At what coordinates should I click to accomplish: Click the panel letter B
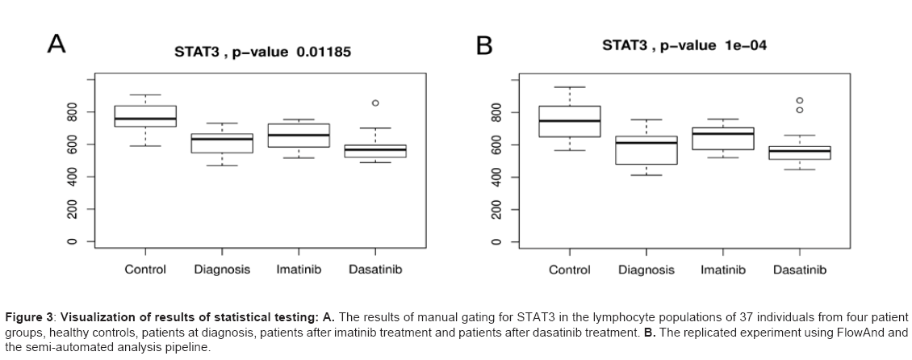pyautogui.click(x=483, y=46)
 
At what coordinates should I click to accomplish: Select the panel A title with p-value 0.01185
pyautogui.click(x=262, y=52)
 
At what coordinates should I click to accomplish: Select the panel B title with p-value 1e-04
pyautogui.click(x=684, y=46)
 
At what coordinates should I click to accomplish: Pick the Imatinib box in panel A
pyautogui.click(x=299, y=136)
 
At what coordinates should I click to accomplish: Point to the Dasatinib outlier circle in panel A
pyautogui.click(x=375, y=103)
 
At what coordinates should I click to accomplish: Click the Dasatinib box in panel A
pyautogui.click(x=375, y=151)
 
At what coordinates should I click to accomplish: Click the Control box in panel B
pyautogui.click(x=570, y=121)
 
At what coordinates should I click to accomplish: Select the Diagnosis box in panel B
pyautogui.click(x=646, y=149)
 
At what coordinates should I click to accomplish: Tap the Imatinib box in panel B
pyautogui.click(x=723, y=138)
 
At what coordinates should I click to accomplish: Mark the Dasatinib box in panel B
pyautogui.click(x=800, y=153)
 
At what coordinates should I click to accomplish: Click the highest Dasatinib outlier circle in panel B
pyautogui.click(x=800, y=100)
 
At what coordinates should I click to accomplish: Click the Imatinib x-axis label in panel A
pyautogui.click(x=299, y=269)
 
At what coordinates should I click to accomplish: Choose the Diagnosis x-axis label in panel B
pyautogui.click(x=646, y=270)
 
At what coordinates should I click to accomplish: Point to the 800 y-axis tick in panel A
pyautogui.click(x=72, y=111)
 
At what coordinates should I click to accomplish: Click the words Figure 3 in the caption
pyautogui.click(x=30, y=316)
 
